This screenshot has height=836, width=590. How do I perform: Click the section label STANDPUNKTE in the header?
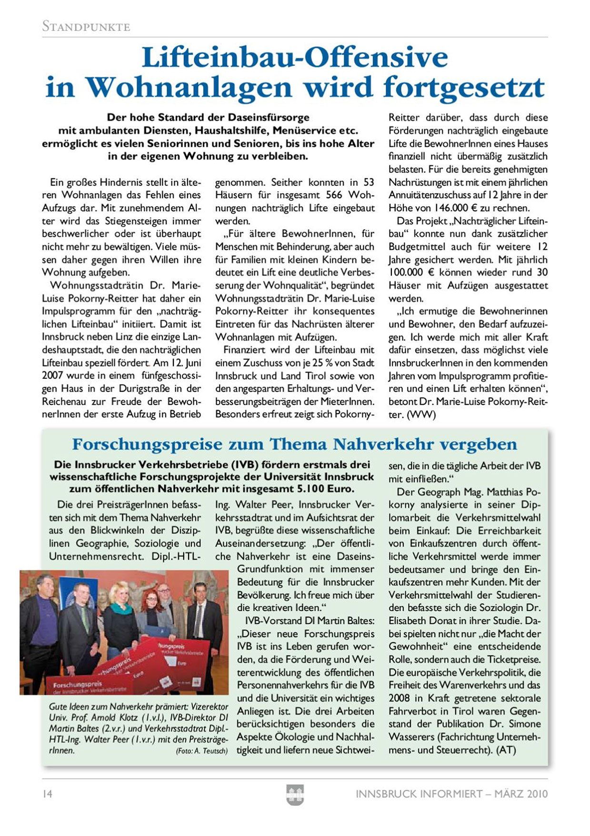tap(86, 26)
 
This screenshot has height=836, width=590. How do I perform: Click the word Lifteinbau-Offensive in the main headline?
tap(295, 58)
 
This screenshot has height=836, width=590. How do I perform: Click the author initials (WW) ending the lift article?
tap(421, 415)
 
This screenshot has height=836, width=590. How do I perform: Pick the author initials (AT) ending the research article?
tap(506, 750)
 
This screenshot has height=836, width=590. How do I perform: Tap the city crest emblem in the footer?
tap(295, 795)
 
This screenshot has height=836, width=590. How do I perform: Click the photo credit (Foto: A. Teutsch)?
tap(201, 751)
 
